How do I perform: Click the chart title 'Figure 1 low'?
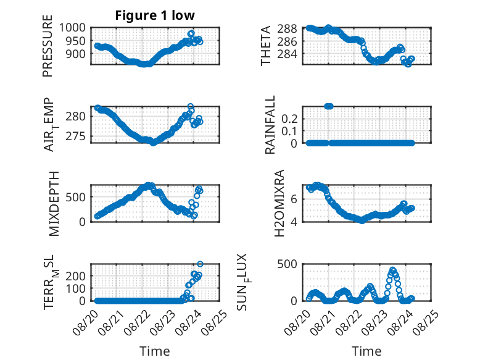[x=155, y=15]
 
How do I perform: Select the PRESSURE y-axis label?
[x=48, y=46]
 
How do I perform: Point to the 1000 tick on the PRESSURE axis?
[x=72, y=28]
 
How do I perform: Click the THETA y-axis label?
[x=266, y=46]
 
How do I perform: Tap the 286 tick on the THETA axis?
[x=287, y=41]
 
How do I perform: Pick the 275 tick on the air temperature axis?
[x=75, y=136]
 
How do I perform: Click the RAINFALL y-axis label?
[x=270, y=125]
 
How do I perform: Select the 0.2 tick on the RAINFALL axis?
[x=289, y=119]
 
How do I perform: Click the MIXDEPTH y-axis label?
[x=54, y=203]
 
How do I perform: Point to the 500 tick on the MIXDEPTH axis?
[x=75, y=197]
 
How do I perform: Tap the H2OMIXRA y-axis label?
[x=279, y=203]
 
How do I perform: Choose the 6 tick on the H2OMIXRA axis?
[x=294, y=199]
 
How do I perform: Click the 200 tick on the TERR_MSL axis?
[x=75, y=276]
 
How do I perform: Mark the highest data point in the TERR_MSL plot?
[x=200, y=264]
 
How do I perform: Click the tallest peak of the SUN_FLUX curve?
[x=393, y=270]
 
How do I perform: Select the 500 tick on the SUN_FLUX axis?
[x=287, y=264]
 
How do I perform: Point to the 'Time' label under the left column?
[x=155, y=351]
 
